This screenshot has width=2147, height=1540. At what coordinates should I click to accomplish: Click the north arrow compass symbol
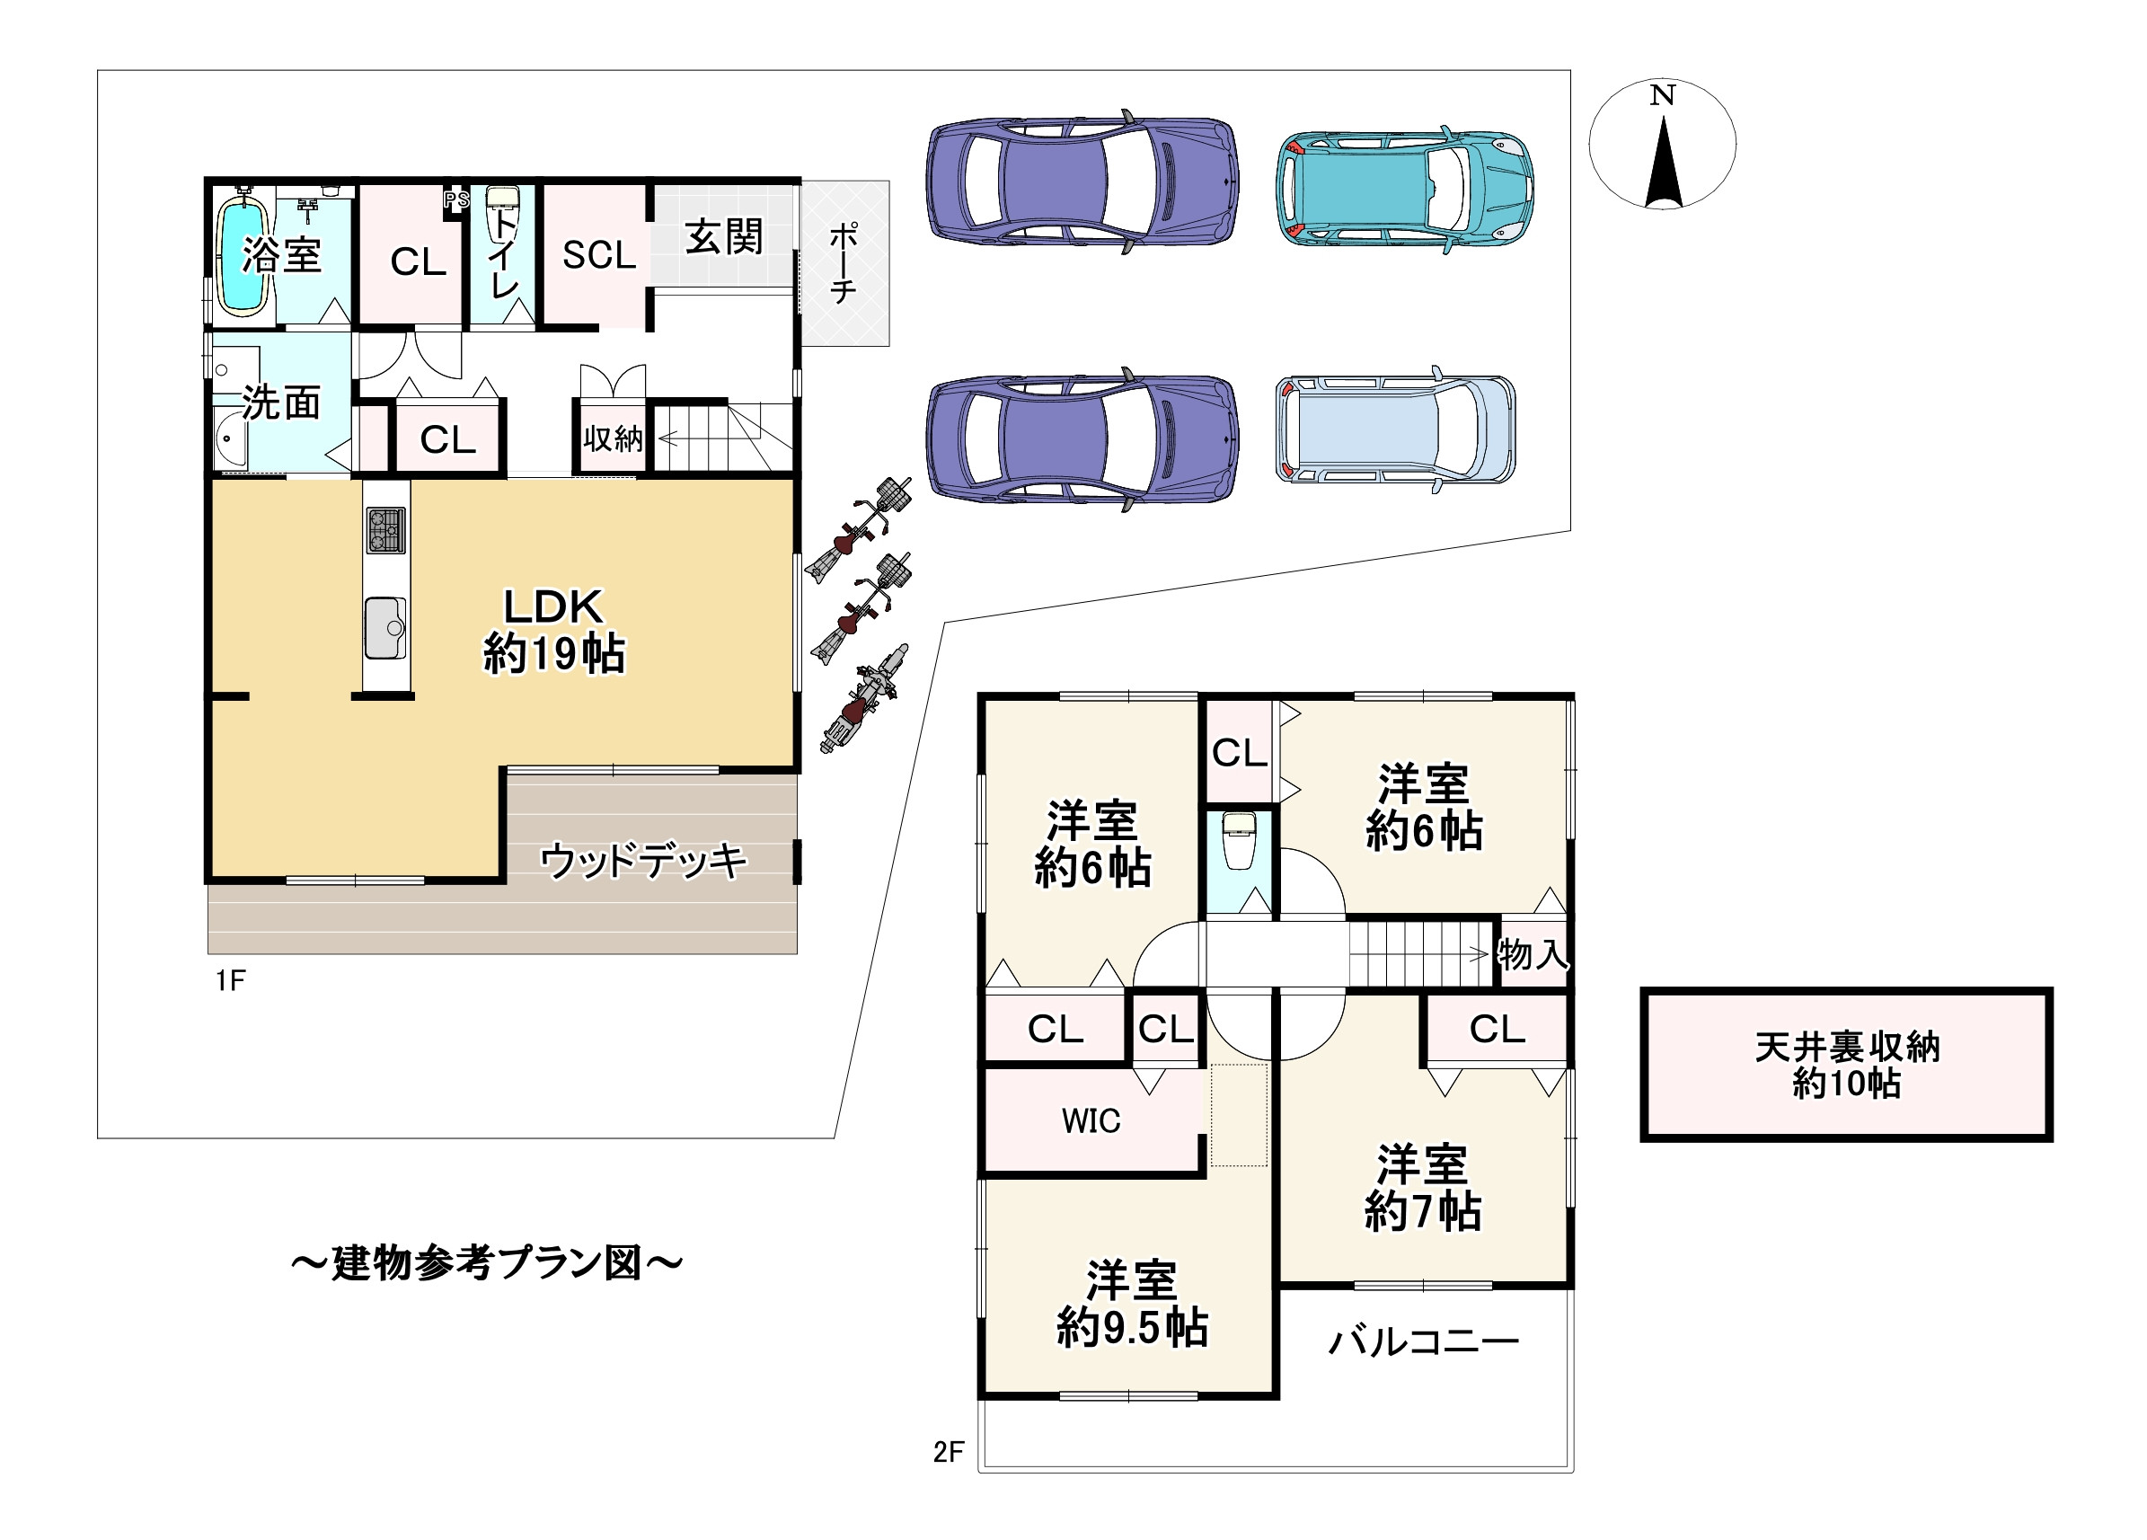point(1662,144)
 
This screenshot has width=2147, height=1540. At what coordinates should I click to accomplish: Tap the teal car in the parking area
point(1404,189)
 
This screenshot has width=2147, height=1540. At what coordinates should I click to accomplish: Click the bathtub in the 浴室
point(243,253)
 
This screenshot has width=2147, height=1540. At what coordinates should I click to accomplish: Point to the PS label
point(456,199)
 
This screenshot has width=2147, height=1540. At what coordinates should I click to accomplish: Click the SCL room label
point(599,254)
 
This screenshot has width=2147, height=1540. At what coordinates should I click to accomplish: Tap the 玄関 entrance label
point(724,236)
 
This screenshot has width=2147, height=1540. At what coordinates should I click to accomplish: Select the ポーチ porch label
point(843,262)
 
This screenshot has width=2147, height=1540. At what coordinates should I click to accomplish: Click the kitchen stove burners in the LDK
point(385,530)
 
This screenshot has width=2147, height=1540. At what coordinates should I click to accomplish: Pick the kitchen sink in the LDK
point(385,627)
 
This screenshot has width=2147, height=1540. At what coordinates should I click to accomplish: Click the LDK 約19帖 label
point(553,630)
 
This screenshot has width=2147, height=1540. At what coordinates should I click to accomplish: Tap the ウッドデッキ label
point(644,861)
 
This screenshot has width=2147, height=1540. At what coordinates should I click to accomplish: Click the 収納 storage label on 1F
point(613,438)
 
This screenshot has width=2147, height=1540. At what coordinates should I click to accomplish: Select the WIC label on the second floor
point(1091,1120)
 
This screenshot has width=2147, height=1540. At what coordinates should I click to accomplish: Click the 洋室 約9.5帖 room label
point(1132,1304)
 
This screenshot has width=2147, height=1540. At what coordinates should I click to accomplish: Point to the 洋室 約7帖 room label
point(1423,1188)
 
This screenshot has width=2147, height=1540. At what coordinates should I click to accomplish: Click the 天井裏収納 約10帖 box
point(1847,1065)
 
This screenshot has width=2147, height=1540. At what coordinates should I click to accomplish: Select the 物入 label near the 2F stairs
point(1533,954)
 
